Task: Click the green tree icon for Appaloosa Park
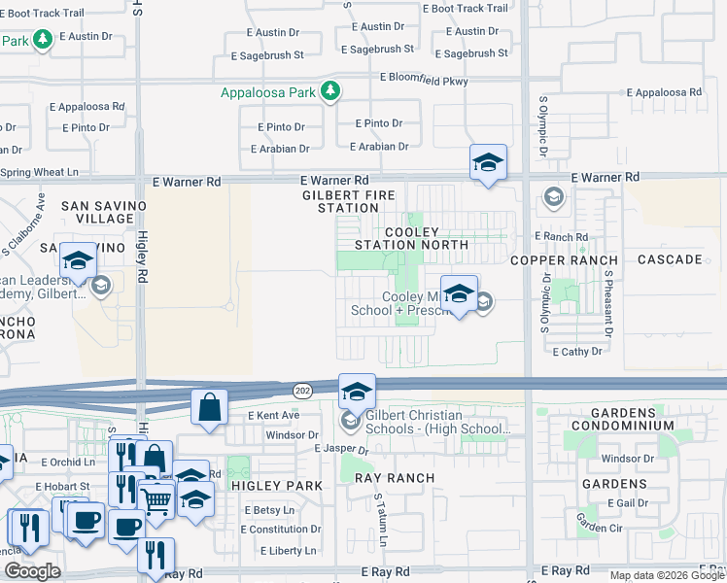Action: [331, 91]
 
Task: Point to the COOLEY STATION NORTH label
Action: [412, 239]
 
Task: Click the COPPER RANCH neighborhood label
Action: [564, 260]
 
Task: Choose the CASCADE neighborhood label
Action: [670, 259]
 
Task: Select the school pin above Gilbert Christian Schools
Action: [357, 392]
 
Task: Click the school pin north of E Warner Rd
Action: [488, 161]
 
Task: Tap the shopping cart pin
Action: [156, 499]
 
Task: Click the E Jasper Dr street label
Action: [341, 450]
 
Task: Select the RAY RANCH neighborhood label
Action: [394, 478]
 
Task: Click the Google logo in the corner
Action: [33, 571]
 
